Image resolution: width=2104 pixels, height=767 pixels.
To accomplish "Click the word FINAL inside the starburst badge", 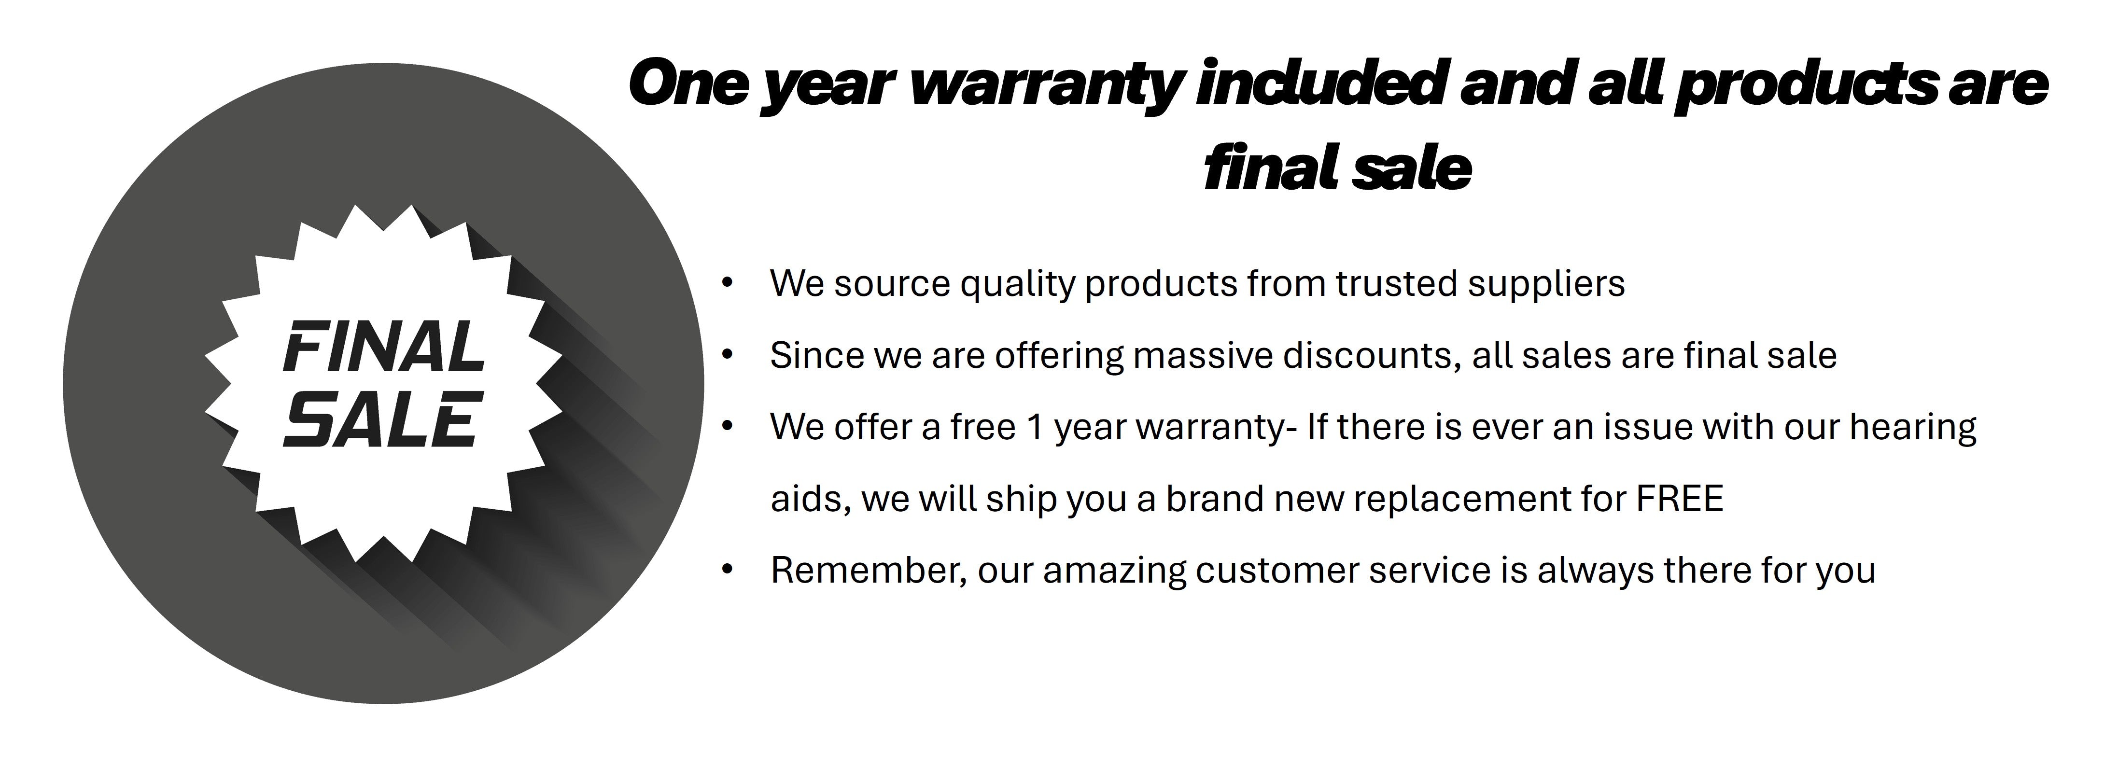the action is click(x=384, y=346).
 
